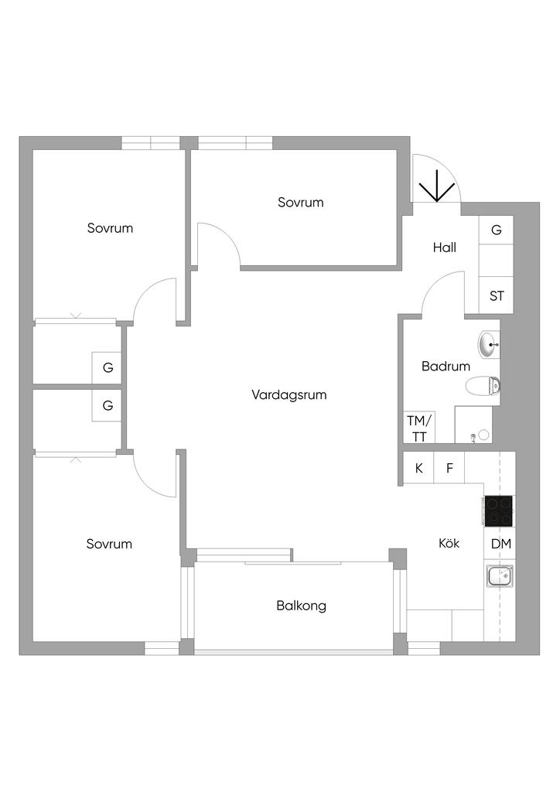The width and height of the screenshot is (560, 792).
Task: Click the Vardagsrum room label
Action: point(289,394)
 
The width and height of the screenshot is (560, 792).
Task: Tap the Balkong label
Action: point(301,606)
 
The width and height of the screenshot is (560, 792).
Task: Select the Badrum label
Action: point(446,367)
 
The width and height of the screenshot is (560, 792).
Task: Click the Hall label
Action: point(444,247)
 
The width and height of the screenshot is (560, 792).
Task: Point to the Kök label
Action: point(449,544)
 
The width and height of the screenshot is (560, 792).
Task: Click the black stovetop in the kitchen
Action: point(499,510)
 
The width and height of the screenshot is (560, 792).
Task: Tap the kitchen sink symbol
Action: point(499,576)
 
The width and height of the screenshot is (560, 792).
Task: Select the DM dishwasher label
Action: point(500,544)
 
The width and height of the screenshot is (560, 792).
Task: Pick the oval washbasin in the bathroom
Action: point(488,344)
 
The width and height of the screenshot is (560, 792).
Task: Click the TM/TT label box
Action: point(418,428)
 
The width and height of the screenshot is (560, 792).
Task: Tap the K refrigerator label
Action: point(419,468)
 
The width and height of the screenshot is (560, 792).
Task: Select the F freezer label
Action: point(449,468)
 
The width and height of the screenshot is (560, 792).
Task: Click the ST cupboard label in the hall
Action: point(497,296)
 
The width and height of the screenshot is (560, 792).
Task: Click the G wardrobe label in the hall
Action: point(497,230)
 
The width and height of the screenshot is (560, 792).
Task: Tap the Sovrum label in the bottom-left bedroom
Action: point(109,544)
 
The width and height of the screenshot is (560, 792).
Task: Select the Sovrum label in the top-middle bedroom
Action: point(300,203)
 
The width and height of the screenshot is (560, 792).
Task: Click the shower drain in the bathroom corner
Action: point(483,435)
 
